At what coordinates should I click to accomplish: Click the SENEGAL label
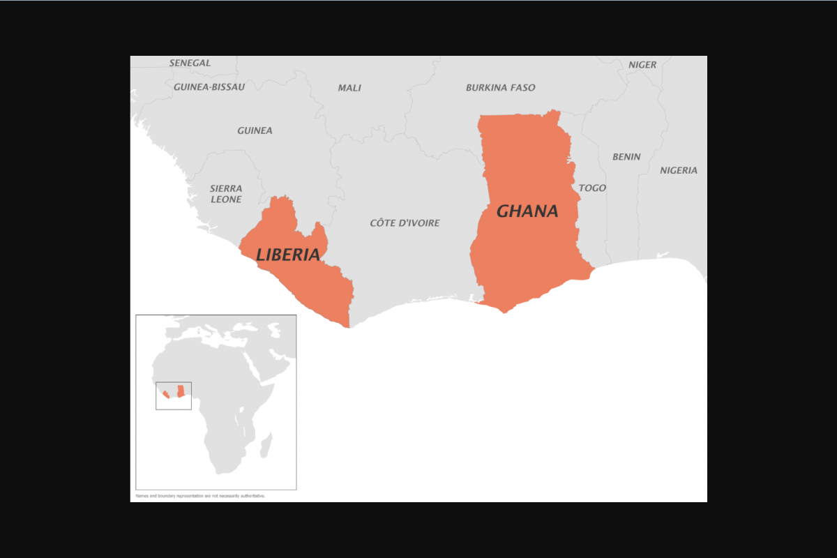pyautogui.click(x=190, y=63)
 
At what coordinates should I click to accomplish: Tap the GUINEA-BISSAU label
pyautogui.click(x=209, y=87)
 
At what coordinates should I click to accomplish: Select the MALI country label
pyautogui.click(x=349, y=88)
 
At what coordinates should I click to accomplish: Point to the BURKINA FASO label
pyautogui.click(x=500, y=88)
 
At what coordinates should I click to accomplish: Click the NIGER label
pyautogui.click(x=642, y=65)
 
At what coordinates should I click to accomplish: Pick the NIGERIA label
pyautogui.click(x=679, y=170)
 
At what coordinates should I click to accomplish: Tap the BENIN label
pyautogui.click(x=626, y=157)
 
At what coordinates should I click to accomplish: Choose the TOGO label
pyautogui.click(x=592, y=188)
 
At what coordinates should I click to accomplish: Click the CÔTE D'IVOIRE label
pyautogui.click(x=405, y=223)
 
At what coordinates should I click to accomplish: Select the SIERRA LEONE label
pyautogui.click(x=226, y=194)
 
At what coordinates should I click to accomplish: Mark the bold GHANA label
pyautogui.click(x=527, y=211)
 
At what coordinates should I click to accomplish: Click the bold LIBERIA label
pyautogui.click(x=288, y=255)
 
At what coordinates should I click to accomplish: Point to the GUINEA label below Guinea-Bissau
pyautogui.click(x=255, y=130)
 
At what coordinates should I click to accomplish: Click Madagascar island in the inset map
pyautogui.click(x=266, y=444)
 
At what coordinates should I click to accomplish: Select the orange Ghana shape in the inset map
pyautogui.click(x=181, y=391)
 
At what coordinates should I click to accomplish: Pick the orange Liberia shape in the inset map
pyautogui.click(x=165, y=395)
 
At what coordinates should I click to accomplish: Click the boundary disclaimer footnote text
pyautogui.click(x=200, y=496)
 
